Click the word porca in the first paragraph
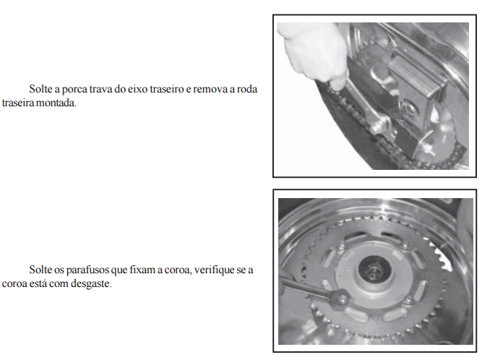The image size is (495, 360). click(x=74, y=90)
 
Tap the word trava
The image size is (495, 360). click(x=100, y=89)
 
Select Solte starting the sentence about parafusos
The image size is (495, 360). click(x=40, y=270)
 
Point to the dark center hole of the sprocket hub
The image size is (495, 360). click(x=374, y=270)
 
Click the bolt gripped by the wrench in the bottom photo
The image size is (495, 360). click(x=342, y=298)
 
